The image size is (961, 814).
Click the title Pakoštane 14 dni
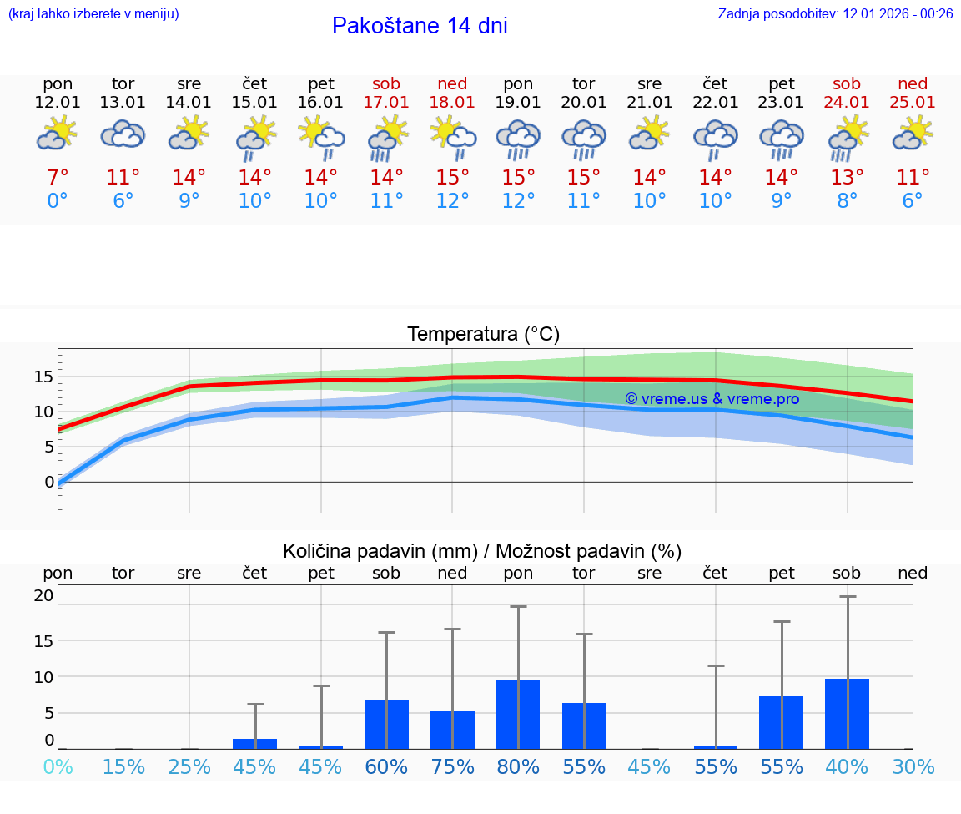420,26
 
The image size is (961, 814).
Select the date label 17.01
386,102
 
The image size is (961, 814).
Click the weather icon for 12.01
58,133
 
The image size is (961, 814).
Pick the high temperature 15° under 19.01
518,178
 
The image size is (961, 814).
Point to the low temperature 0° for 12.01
58,201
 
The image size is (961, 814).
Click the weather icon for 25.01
913,133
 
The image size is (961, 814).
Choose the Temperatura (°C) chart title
483,334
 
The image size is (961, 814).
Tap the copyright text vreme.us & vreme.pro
712,399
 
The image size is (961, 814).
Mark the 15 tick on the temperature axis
43,377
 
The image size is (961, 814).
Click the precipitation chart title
482,551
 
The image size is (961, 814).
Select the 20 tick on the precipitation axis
43,595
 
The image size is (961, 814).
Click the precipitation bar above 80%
518,714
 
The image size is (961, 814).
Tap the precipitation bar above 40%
847,713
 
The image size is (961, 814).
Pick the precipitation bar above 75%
452,730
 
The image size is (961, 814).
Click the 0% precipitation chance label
58,766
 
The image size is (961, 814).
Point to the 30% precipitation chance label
913,766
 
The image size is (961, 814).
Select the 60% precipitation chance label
386,766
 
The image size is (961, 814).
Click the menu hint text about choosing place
93,13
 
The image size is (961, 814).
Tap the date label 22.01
715,102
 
